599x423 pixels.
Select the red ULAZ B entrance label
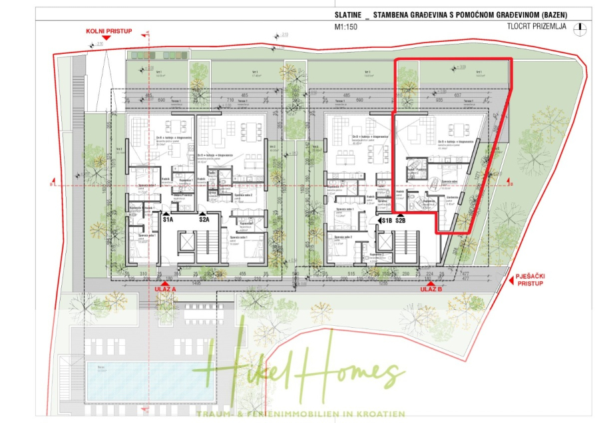(x=431, y=289)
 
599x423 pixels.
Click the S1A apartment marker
(x=168, y=219)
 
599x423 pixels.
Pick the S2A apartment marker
(x=204, y=219)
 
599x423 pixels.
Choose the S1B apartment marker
(x=387, y=219)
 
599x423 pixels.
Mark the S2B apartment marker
(x=401, y=219)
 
